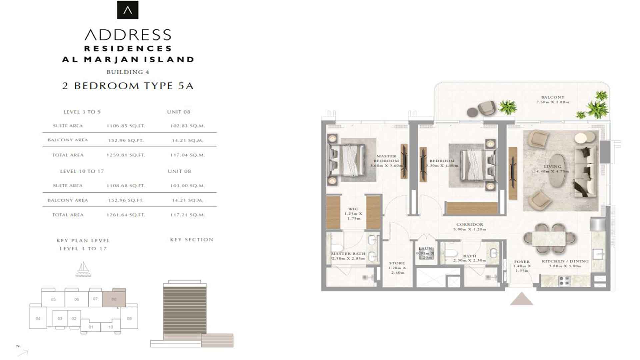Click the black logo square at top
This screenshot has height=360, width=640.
(x=128, y=10)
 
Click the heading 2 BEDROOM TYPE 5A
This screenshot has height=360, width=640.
(x=128, y=86)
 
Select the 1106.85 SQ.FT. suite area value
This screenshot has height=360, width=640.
(x=126, y=126)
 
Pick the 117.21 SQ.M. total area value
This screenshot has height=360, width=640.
(x=187, y=215)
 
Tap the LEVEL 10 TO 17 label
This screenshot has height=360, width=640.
(x=82, y=171)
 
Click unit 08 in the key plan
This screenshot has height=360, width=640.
(x=114, y=299)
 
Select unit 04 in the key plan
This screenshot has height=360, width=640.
(x=38, y=318)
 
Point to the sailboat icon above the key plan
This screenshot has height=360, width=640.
(x=83, y=269)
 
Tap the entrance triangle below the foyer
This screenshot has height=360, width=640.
(x=521, y=299)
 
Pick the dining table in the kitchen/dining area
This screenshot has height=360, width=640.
(x=549, y=239)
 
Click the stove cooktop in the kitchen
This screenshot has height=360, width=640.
(x=564, y=281)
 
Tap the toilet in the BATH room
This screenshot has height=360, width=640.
(x=451, y=253)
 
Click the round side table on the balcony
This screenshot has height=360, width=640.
(x=472, y=112)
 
